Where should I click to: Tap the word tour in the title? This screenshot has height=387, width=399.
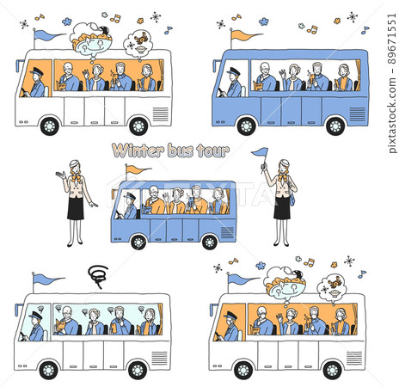tap(213, 151)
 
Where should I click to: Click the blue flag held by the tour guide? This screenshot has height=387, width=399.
tap(259, 153)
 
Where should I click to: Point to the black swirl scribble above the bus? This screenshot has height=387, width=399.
tap(96, 276)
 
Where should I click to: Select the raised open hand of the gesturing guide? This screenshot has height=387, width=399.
tap(59, 175)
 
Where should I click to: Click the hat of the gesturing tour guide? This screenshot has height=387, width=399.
tap(75, 163)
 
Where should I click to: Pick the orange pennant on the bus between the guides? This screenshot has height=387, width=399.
tap(138, 169)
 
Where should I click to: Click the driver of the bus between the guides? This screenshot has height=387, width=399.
tap(129, 206)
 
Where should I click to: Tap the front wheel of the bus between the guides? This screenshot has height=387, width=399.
tap(138, 242)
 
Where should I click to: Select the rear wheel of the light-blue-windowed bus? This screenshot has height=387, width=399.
tap(137, 369)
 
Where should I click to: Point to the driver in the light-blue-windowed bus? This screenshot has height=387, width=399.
tap(35, 328)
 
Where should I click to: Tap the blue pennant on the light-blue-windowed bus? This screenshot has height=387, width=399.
tap(47, 279)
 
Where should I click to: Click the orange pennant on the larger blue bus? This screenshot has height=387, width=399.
tap(245, 35)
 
